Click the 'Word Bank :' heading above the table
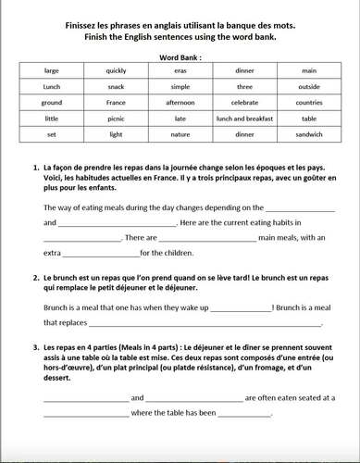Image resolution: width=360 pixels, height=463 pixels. [x=180, y=56]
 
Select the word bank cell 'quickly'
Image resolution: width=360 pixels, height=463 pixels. [x=117, y=69]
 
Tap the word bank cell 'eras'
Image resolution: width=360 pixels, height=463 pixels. [x=180, y=69]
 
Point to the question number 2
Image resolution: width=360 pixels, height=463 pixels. [x=34, y=278]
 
